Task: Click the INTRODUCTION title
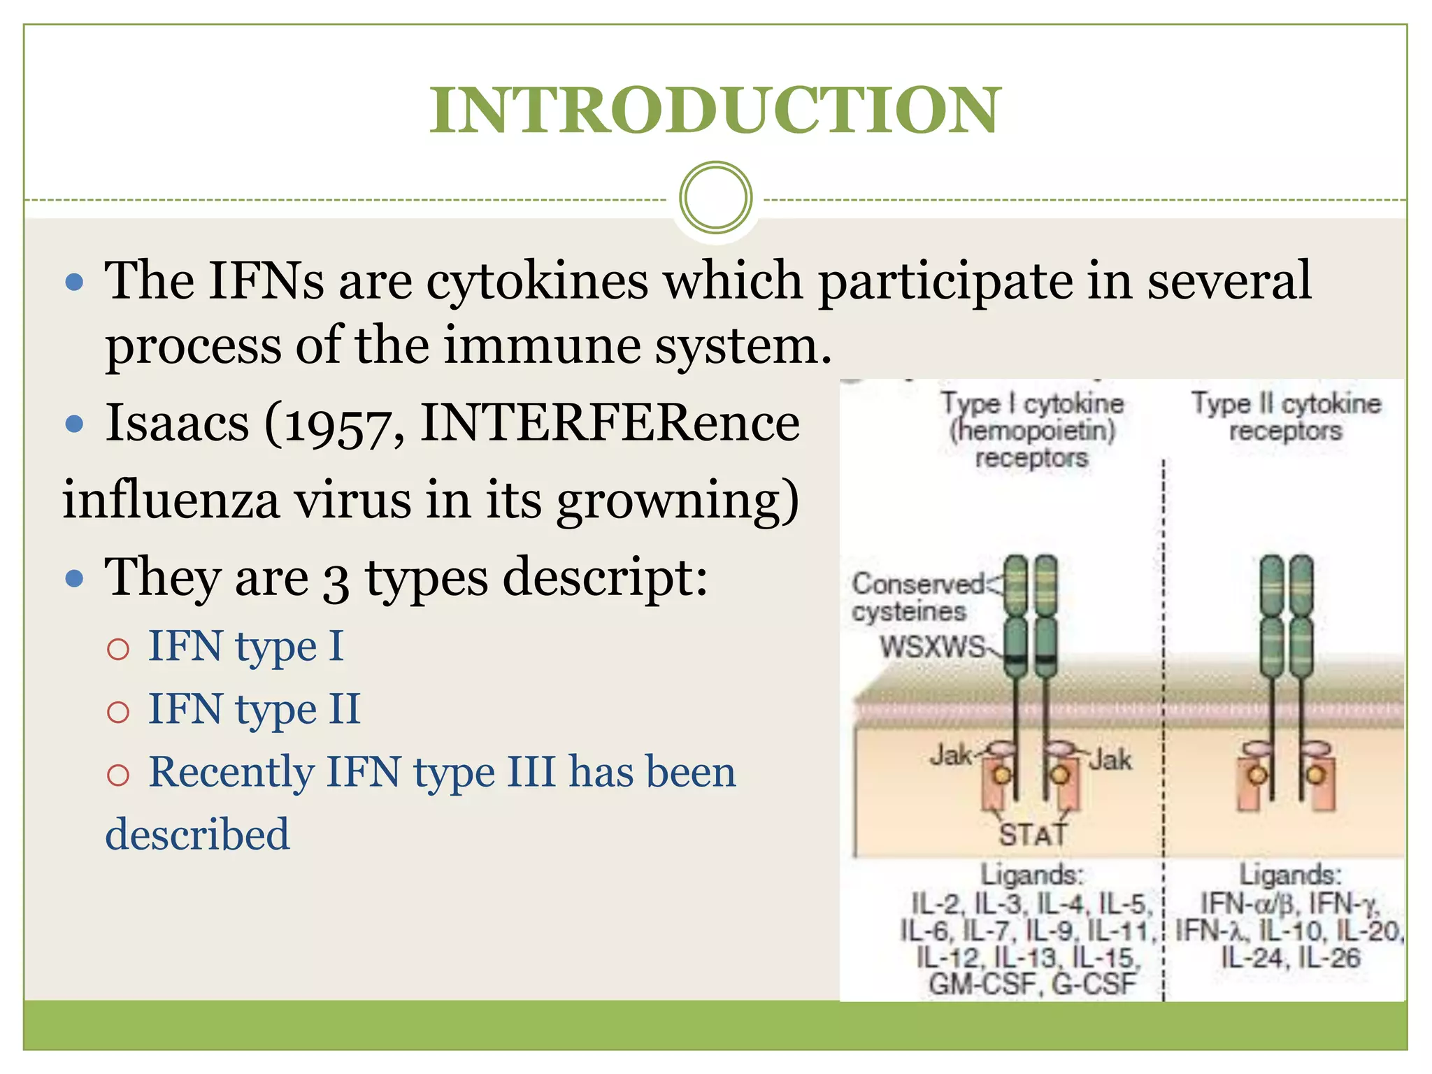point(715,110)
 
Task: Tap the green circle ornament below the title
point(715,198)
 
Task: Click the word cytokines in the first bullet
point(537,281)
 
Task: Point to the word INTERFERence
point(610,424)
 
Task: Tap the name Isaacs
point(177,424)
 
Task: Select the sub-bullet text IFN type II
point(255,709)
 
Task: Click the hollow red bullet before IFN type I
point(118,649)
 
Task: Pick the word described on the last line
point(197,834)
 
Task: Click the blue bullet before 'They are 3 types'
point(73,579)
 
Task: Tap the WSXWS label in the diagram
point(933,647)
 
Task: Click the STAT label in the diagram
point(1033,834)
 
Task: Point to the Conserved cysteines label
point(916,597)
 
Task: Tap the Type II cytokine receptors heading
point(1286,417)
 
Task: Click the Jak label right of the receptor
point(1110,759)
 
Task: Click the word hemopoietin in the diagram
point(1032,431)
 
